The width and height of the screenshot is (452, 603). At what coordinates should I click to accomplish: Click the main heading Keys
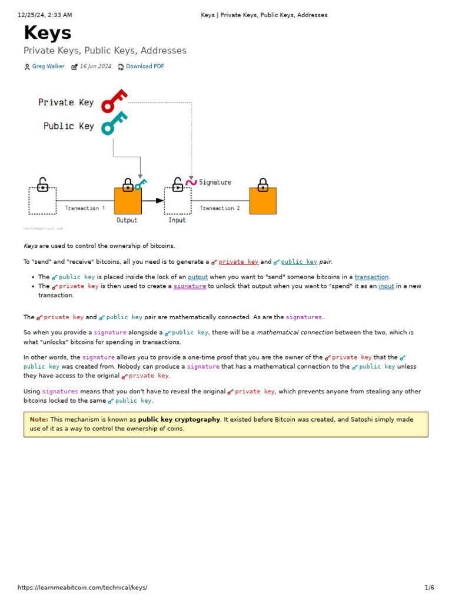click(x=48, y=34)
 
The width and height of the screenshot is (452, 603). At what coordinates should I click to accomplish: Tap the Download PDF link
click(x=145, y=67)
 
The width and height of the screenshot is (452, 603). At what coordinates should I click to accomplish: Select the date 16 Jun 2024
click(x=95, y=67)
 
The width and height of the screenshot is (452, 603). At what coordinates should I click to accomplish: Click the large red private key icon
click(x=114, y=101)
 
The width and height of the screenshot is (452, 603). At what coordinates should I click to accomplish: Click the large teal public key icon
click(x=114, y=123)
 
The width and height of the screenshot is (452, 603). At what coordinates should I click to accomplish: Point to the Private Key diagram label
click(x=66, y=102)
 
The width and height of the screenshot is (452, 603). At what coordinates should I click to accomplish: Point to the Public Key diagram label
click(x=68, y=126)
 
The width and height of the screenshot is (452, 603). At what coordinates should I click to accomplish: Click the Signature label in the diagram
click(x=215, y=183)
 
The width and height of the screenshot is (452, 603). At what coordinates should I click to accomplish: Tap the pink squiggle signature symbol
click(x=191, y=183)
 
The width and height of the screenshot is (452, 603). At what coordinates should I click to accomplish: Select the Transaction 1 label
click(x=85, y=208)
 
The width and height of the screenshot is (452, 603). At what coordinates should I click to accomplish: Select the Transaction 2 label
click(x=220, y=208)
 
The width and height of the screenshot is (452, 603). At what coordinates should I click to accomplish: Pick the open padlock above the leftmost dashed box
click(x=42, y=185)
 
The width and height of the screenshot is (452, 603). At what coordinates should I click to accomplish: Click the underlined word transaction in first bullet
click(x=371, y=277)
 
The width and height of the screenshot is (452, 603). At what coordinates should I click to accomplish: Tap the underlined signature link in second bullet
click(x=190, y=286)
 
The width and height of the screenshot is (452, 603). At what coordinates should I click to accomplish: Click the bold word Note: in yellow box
click(x=39, y=420)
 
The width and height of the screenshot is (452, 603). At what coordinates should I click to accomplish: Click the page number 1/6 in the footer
click(x=429, y=588)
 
